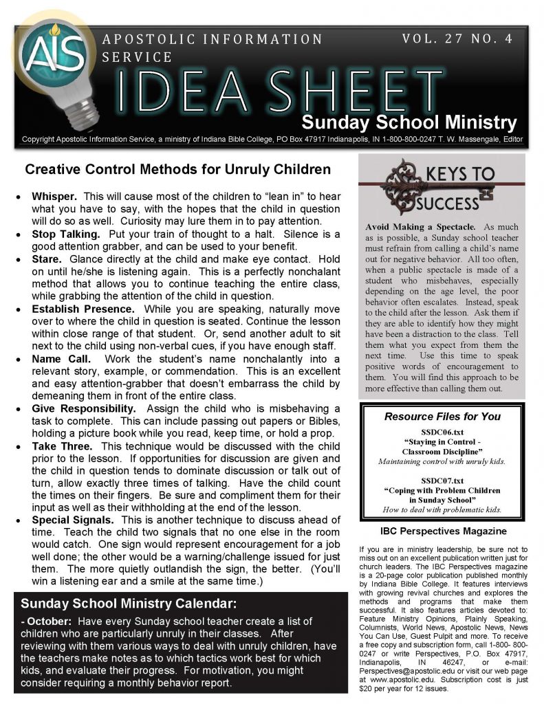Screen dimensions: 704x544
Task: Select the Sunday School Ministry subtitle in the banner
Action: [x=409, y=123]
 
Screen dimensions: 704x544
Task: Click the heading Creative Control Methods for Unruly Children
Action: [x=177, y=169]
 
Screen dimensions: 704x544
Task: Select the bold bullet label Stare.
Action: [x=47, y=259]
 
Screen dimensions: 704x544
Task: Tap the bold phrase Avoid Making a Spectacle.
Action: [x=420, y=226]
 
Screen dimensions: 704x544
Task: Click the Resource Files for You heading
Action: [x=442, y=416]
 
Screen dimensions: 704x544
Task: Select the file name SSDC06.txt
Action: [x=442, y=432]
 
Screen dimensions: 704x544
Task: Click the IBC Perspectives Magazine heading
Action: [x=443, y=531]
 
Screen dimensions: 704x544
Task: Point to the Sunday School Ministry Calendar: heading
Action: [x=129, y=605]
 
